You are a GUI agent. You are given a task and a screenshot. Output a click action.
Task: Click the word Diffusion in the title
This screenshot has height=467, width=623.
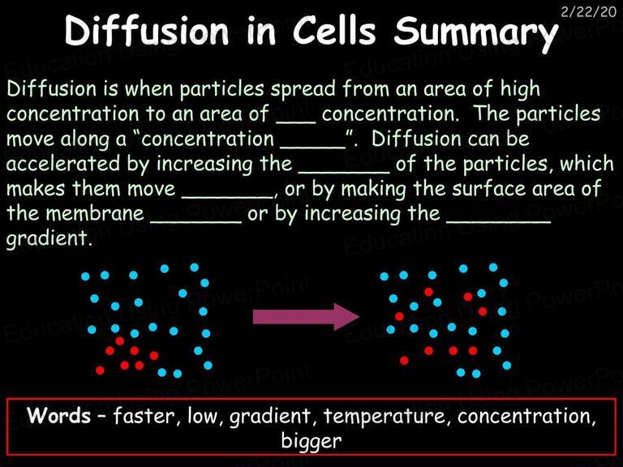tap(147, 31)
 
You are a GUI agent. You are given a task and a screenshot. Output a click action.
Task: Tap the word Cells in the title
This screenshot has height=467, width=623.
tap(334, 31)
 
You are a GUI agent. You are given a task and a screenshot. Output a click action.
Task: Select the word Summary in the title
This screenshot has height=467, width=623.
tap(475, 34)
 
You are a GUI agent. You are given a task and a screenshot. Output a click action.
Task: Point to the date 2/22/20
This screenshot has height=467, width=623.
tap(588, 11)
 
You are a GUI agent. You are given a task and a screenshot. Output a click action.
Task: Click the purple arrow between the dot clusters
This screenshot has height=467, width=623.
tap(306, 316)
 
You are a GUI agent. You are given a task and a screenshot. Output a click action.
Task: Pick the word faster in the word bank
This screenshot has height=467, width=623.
tap(144, 416)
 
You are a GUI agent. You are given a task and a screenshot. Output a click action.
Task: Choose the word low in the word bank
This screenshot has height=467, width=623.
tap(202, 416)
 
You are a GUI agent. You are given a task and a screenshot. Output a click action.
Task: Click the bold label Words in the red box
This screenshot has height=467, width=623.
tap(58, 416)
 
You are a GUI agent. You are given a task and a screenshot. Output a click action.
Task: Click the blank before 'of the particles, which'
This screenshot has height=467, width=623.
tap(344, 172)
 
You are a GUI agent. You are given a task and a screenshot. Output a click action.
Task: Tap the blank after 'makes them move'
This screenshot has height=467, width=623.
tap(228, 196)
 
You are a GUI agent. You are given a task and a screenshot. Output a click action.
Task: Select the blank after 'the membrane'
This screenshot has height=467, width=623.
tap(195, 221)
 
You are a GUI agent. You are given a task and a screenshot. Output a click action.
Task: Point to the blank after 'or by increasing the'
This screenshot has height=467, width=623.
tap(499, 221)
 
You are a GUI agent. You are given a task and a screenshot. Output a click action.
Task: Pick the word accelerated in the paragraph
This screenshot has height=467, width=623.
tap(63, 164)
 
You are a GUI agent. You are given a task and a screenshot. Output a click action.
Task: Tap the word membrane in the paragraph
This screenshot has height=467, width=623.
tap(95, 213)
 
